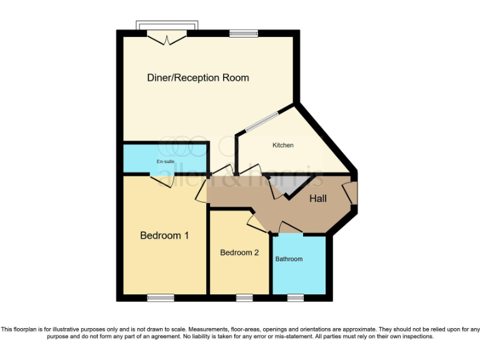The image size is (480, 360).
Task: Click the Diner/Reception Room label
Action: [197, 78]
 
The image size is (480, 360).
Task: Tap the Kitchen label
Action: [282, 146]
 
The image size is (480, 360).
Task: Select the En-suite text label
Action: [165, 161]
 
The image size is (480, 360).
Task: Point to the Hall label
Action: [318, 199]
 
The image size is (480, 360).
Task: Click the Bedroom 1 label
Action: [164, 236]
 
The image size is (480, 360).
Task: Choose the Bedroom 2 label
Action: [239, 252]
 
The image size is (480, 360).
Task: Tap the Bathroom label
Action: [289, 259]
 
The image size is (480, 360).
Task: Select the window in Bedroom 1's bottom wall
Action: [161, 297]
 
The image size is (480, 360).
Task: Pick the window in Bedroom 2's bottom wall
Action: [244, 297]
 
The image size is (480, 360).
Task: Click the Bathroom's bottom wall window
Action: [295, 297]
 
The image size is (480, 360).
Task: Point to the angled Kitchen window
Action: [262, 122]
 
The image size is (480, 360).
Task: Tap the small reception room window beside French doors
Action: [243, 34]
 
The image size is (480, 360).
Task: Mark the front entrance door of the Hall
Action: [352, 193]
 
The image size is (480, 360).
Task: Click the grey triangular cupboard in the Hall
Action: [291, 185]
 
